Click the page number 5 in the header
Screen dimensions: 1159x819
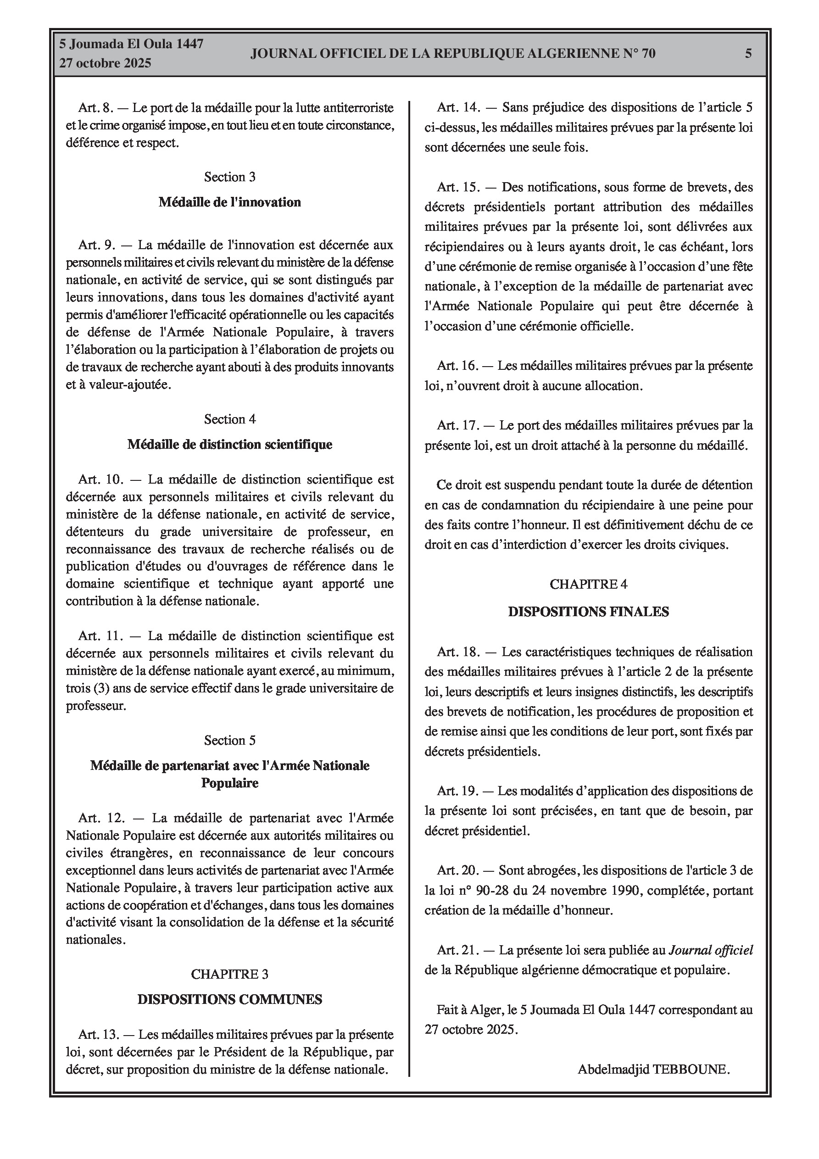(748, 53)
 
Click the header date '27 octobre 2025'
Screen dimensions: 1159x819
(105, 63)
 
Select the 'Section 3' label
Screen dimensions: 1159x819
(230, 177)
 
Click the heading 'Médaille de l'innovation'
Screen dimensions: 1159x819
(230, 202)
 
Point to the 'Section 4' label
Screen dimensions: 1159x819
(230, 419)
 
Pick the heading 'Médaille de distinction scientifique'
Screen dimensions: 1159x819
(230, 444)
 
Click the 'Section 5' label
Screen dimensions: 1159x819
(230, 740)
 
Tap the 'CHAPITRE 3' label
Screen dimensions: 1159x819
(230, 974)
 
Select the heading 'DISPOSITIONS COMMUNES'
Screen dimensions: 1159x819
(230, 999)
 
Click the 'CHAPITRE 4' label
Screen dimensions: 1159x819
(588, 584)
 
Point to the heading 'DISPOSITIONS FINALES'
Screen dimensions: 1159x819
(588, 612)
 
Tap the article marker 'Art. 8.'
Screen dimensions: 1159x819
(96, 107)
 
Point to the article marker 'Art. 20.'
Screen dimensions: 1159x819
(458, 870)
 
